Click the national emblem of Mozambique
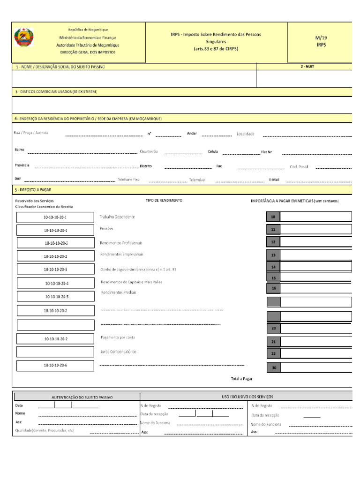coord(23,37)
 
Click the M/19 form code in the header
coord(321,37)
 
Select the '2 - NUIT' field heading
coord(307,67)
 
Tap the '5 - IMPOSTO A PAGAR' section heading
coord(33,190)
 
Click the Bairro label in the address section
coord(19,150)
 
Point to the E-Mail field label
coord(274,180)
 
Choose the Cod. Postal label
coord(299,166)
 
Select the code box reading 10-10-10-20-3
coord(55,270)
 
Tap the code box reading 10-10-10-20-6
coord(55,365)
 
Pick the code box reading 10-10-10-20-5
coord(56,297)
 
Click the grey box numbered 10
coord(273,217)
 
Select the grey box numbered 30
coord(273,368)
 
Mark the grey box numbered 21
coord(273,342)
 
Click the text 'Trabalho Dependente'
coord(117,217)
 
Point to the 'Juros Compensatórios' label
coord(118,352)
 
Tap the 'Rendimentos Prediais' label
coord(119,292)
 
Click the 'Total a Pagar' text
coord(241,378)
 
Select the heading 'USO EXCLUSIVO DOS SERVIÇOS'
coord(247,397)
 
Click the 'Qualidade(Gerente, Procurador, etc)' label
coord(45,430)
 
